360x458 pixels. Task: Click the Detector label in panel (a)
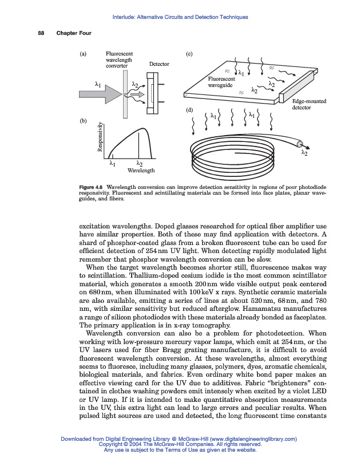pos(159,64)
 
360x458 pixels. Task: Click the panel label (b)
pos(84,121)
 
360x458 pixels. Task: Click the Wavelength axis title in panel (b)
pos(141,171)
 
